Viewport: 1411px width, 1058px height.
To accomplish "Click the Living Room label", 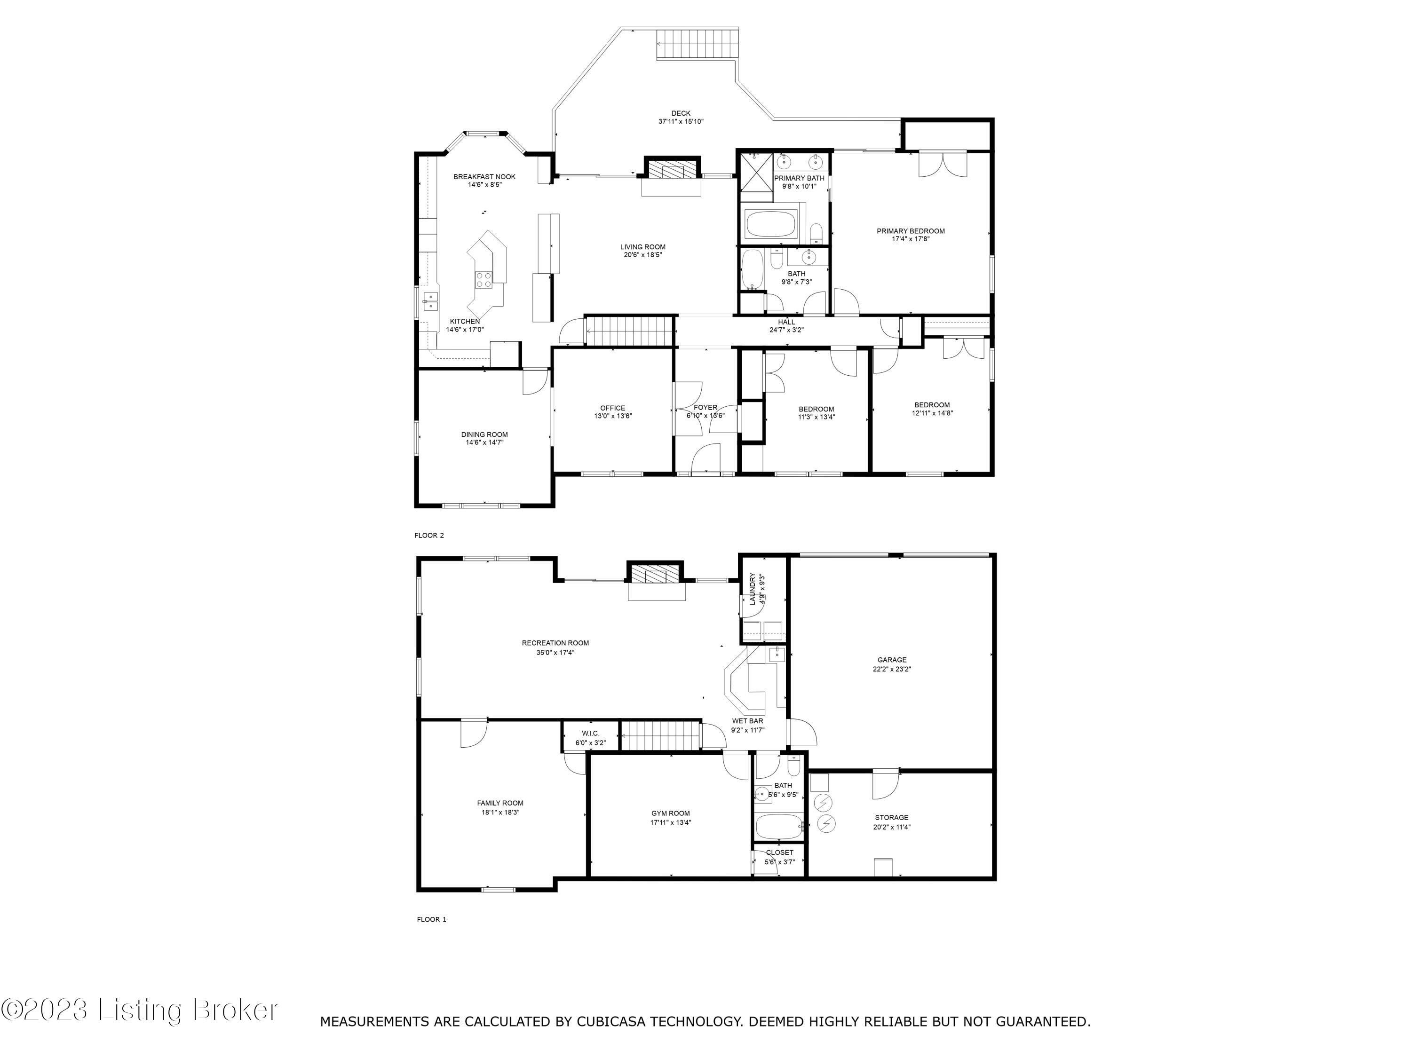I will pyautogui.click(x=642, y=247).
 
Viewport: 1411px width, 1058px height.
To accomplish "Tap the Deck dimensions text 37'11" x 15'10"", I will pyautogui.click(x=681, y=121).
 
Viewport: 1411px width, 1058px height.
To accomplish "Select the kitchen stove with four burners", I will pyautogui.click(x=484, y=279).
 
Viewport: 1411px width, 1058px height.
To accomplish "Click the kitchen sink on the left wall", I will pyautogui.click(x=430, y=300).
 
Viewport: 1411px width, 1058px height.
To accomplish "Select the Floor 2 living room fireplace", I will pyautogui.click(x=672, y=171).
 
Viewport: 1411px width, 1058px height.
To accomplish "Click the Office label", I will pyautogui.click(x=612, y=408).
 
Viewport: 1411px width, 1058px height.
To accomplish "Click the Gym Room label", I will pyautogui.click(x=670, y=813).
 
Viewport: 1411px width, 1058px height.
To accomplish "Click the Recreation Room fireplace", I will pyautogui.click(x=656, y=576).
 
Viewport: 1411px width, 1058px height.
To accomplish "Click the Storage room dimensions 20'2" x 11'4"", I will pyautogui.click(x=891, y=827).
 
